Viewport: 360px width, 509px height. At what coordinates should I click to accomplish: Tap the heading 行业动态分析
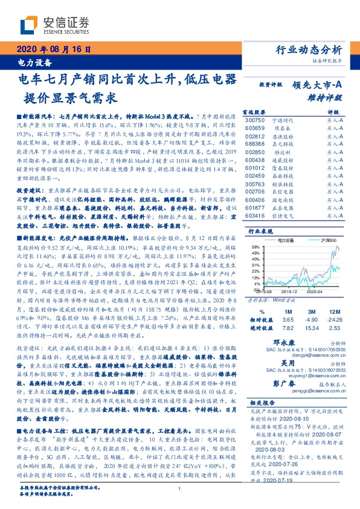pos(309,50)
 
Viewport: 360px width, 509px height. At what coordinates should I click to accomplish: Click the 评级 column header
pos(333,112)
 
